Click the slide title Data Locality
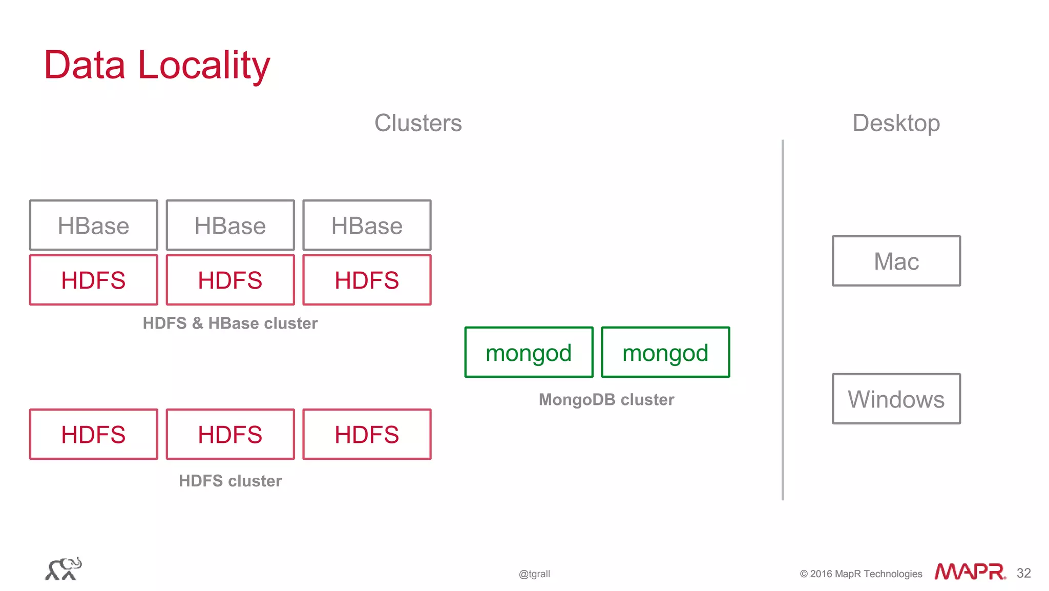tap(157, 65)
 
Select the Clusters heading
tap(418, 123)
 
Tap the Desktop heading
tap(896, 123)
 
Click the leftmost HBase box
tap(93, 226)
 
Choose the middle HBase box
tap(230, 226)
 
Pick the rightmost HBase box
tap(367, 226)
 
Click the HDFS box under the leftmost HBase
tap(93, 280)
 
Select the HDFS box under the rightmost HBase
tap(367, 280)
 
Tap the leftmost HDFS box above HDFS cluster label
tap(93, 435)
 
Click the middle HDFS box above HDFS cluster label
tap(230, 435)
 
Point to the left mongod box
tap(529, 353)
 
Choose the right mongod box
tap(665, 353)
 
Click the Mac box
tap(896, 261)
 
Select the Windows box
tap(896, 399)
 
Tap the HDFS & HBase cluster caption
tap(230, 323)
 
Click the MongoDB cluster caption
tap(606, 400)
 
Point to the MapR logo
tap(969, 572)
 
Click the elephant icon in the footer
tap(64, 569)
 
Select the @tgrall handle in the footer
tap(534, 574)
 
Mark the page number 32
tap(1023, 573)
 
